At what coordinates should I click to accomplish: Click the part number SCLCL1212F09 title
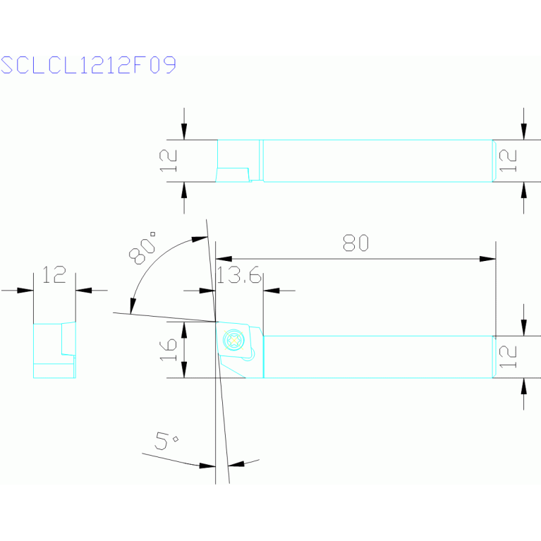click(88, 66)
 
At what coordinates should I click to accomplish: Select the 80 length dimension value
click(356, 243)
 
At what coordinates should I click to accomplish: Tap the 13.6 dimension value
click(239, 275)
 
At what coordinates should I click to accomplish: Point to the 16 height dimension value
click(168, 349)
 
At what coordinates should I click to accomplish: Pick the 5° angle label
click(167, 442)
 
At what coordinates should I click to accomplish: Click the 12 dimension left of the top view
click(168, 161)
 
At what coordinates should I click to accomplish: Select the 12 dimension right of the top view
click(509, 161)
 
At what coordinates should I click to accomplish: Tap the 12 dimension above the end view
click(54, 274)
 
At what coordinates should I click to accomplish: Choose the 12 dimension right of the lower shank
click(509, 356)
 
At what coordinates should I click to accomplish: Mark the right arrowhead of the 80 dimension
click(488, 259)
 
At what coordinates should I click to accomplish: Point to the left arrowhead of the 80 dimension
click(224, 259)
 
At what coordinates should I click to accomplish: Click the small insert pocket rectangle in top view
click(233, 174)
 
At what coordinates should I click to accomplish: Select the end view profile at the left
click(54, 350)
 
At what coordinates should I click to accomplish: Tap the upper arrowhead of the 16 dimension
click(184, 328)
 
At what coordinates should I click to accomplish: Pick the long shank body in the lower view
click(377, 356)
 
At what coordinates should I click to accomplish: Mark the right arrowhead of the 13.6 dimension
click(271, 290)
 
